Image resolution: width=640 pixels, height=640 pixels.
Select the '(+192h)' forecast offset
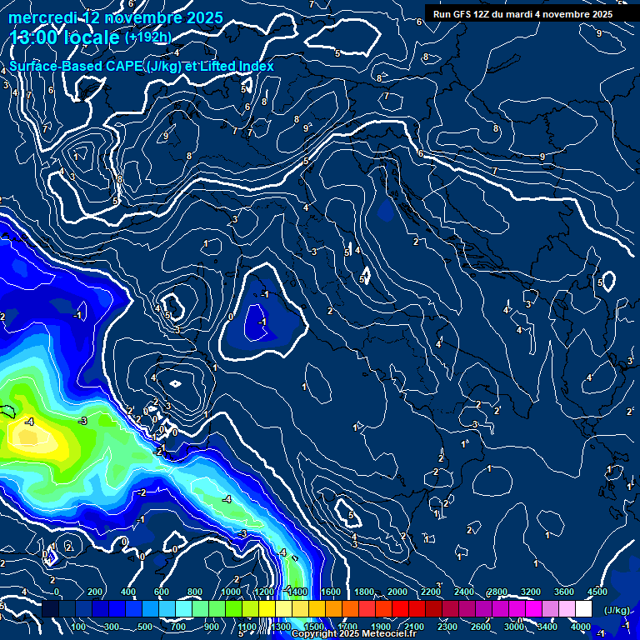tap(148, 37)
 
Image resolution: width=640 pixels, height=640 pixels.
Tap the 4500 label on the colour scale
tap(597, 592)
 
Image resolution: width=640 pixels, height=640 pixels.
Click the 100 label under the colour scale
tap(79, 627)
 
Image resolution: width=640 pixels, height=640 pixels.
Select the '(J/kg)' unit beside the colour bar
tap(616, 611)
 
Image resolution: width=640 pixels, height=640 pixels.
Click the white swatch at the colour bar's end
tap(583, 610)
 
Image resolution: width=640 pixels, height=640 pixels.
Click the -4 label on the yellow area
tap(29, 422)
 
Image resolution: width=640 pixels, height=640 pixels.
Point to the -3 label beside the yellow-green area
tap(82, 422)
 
